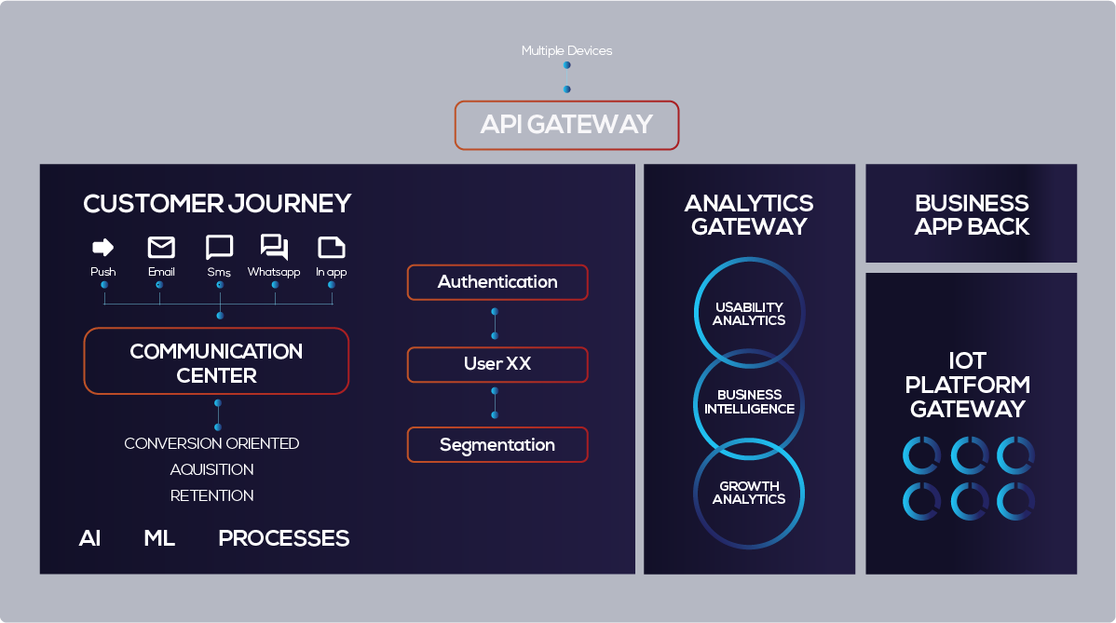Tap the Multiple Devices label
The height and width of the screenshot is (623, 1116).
(x=566, y=50)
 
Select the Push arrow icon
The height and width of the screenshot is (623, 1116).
(x=103, y=247)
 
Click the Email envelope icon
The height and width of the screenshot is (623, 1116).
(x=161, y=247)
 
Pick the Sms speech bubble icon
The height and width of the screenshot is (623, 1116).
(x=219, y=248)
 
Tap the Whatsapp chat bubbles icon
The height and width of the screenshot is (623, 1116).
(x=274, y=247)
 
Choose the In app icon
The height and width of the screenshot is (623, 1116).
(x=331, y=248)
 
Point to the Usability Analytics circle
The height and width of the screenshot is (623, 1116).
(x=750, y=259)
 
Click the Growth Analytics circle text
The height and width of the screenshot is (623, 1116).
(x=749, y=492)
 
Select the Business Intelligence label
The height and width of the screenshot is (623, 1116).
(x=750, y=401)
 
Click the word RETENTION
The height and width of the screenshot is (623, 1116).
(x=212, y=495)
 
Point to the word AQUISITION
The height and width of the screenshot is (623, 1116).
(x=212, y=469)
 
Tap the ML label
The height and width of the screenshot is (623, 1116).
(x=159, y=538)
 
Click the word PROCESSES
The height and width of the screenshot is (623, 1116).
(x=284, y=538)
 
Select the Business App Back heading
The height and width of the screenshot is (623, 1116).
(x=972, y=215)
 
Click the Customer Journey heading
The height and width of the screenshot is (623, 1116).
(x=217, y=203)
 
